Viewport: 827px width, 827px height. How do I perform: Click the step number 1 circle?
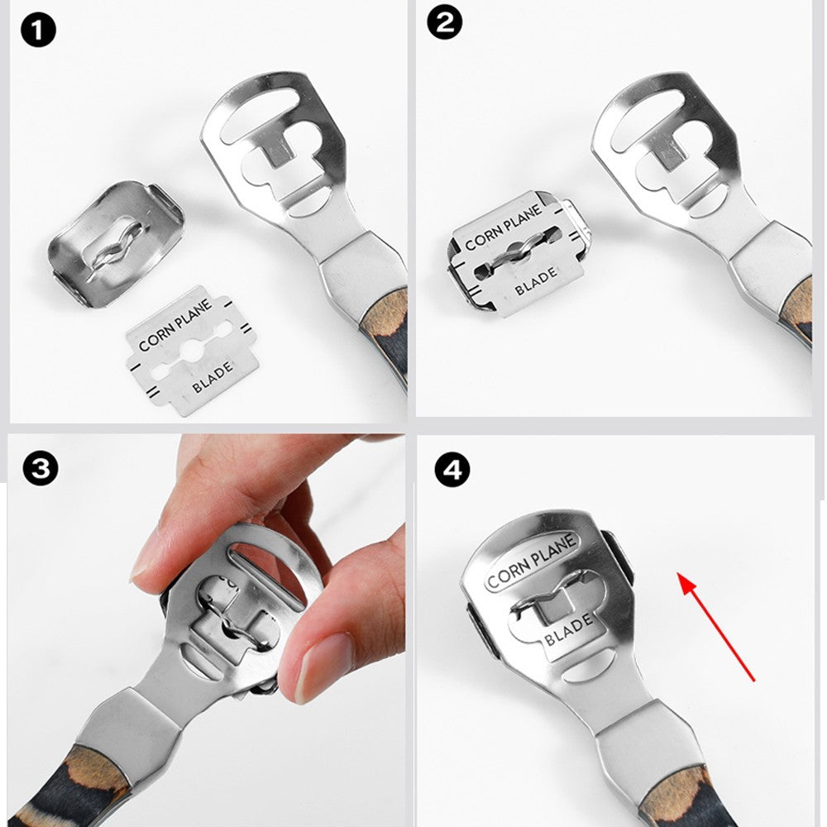point(38,30)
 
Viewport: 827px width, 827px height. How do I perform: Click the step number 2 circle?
point(445,22)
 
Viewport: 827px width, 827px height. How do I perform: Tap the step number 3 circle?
point(40,468)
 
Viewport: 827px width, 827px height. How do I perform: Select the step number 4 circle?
point(452,469)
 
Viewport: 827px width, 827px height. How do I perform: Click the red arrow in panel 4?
point(716,627)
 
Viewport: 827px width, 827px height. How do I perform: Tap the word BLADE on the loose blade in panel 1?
point(213,377)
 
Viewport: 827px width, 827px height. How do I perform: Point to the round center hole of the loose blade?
point(190,349)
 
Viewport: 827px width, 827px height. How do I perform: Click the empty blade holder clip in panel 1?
point(116,243)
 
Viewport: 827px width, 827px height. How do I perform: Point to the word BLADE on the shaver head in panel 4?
point(569,630)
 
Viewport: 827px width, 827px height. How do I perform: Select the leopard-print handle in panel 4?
point(686,796)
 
